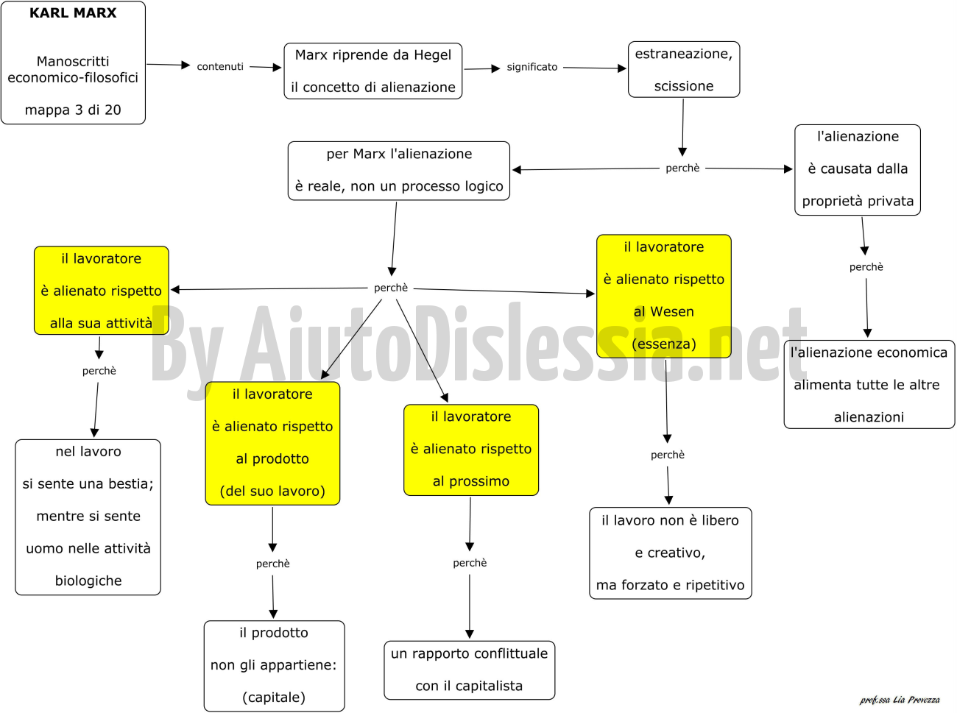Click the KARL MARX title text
click(73, 13)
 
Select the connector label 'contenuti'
click(220, 67)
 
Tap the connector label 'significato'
click(532, 67)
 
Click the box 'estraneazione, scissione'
click(684, 70)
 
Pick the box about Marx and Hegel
click(373, 71)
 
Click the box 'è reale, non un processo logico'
click(399, 171)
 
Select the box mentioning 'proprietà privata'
click(858, 170)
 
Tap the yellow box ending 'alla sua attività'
click(102, 291)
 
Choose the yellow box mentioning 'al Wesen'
click(664, 297)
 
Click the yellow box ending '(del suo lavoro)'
click(272, 443)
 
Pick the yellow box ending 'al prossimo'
click(471, 450)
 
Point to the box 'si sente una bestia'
click(88, 517)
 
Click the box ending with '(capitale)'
click(275, 666)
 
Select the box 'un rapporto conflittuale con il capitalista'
click(470, 670)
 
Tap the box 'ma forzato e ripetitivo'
click(671, 553)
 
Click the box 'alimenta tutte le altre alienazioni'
click(869, 384)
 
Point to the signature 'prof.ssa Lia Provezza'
click(900, 700)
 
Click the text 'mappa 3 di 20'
click(73, 110)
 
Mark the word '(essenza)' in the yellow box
click(664, 344)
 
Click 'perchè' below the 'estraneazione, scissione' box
click(682, 169)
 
